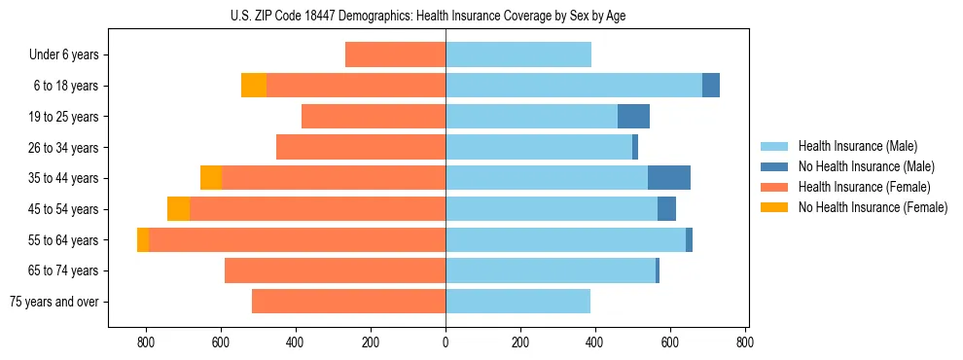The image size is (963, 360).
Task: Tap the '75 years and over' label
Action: click(53, 302)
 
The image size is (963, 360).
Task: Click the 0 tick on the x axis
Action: click(446, 342)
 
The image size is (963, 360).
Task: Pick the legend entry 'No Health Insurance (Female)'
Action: click(873, 207)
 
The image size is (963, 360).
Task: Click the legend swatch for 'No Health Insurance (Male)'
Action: click(774, 166)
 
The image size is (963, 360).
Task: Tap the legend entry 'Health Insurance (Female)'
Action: click(864, 187)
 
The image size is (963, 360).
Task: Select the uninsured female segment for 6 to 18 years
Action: click(254, 86)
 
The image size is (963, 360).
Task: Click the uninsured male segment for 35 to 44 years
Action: click(669, 178)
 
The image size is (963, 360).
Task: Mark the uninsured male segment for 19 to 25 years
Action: click(633, 117)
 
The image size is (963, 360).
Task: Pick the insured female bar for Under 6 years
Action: click(395, 55)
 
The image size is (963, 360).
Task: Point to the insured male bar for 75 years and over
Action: click(517, 302)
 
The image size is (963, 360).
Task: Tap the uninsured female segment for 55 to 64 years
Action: click(143, 240)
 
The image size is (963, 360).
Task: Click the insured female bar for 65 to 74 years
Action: click(335, 270)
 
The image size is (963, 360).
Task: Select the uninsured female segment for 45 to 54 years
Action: click(178, 209)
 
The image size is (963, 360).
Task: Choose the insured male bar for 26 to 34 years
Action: click(539, 148)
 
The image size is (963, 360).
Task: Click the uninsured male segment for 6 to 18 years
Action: click(711, 86)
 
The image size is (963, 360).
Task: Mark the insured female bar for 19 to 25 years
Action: click(374, 117)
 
